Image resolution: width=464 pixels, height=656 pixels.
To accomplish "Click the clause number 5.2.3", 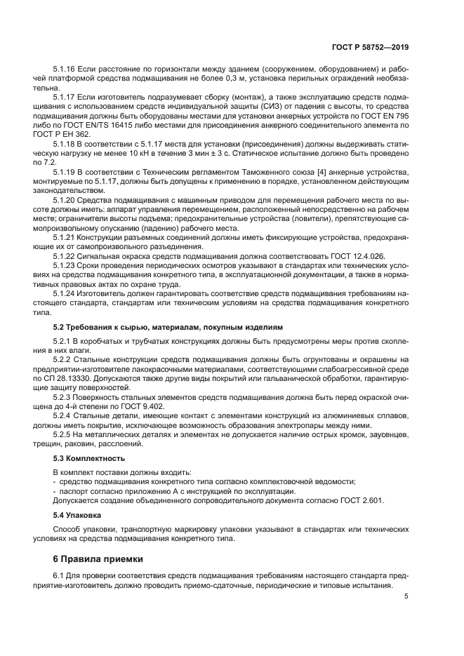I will [62, 396].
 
